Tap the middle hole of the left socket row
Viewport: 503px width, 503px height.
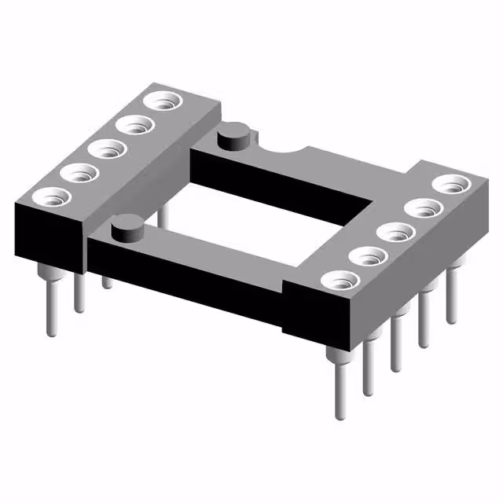click(105, 148)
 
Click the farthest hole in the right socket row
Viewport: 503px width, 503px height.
click(450, 185)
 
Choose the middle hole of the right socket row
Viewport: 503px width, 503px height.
click(395, 232)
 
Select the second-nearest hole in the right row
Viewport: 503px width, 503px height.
click(366, 256)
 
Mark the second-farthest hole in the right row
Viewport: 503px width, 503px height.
click(423, 209)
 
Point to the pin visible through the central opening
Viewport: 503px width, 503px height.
click(162, 215)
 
